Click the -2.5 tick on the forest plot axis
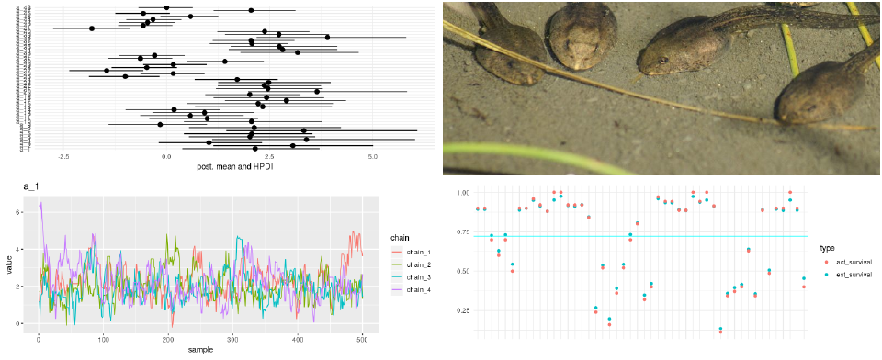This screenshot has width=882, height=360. coord(63,157)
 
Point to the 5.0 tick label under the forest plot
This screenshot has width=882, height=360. coord(373,157)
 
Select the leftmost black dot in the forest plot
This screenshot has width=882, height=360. coord(92,28)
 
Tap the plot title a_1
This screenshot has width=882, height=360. coord(32,187)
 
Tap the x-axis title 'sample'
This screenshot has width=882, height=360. coord(200,350)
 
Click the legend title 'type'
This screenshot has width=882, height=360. coord(826,247)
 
